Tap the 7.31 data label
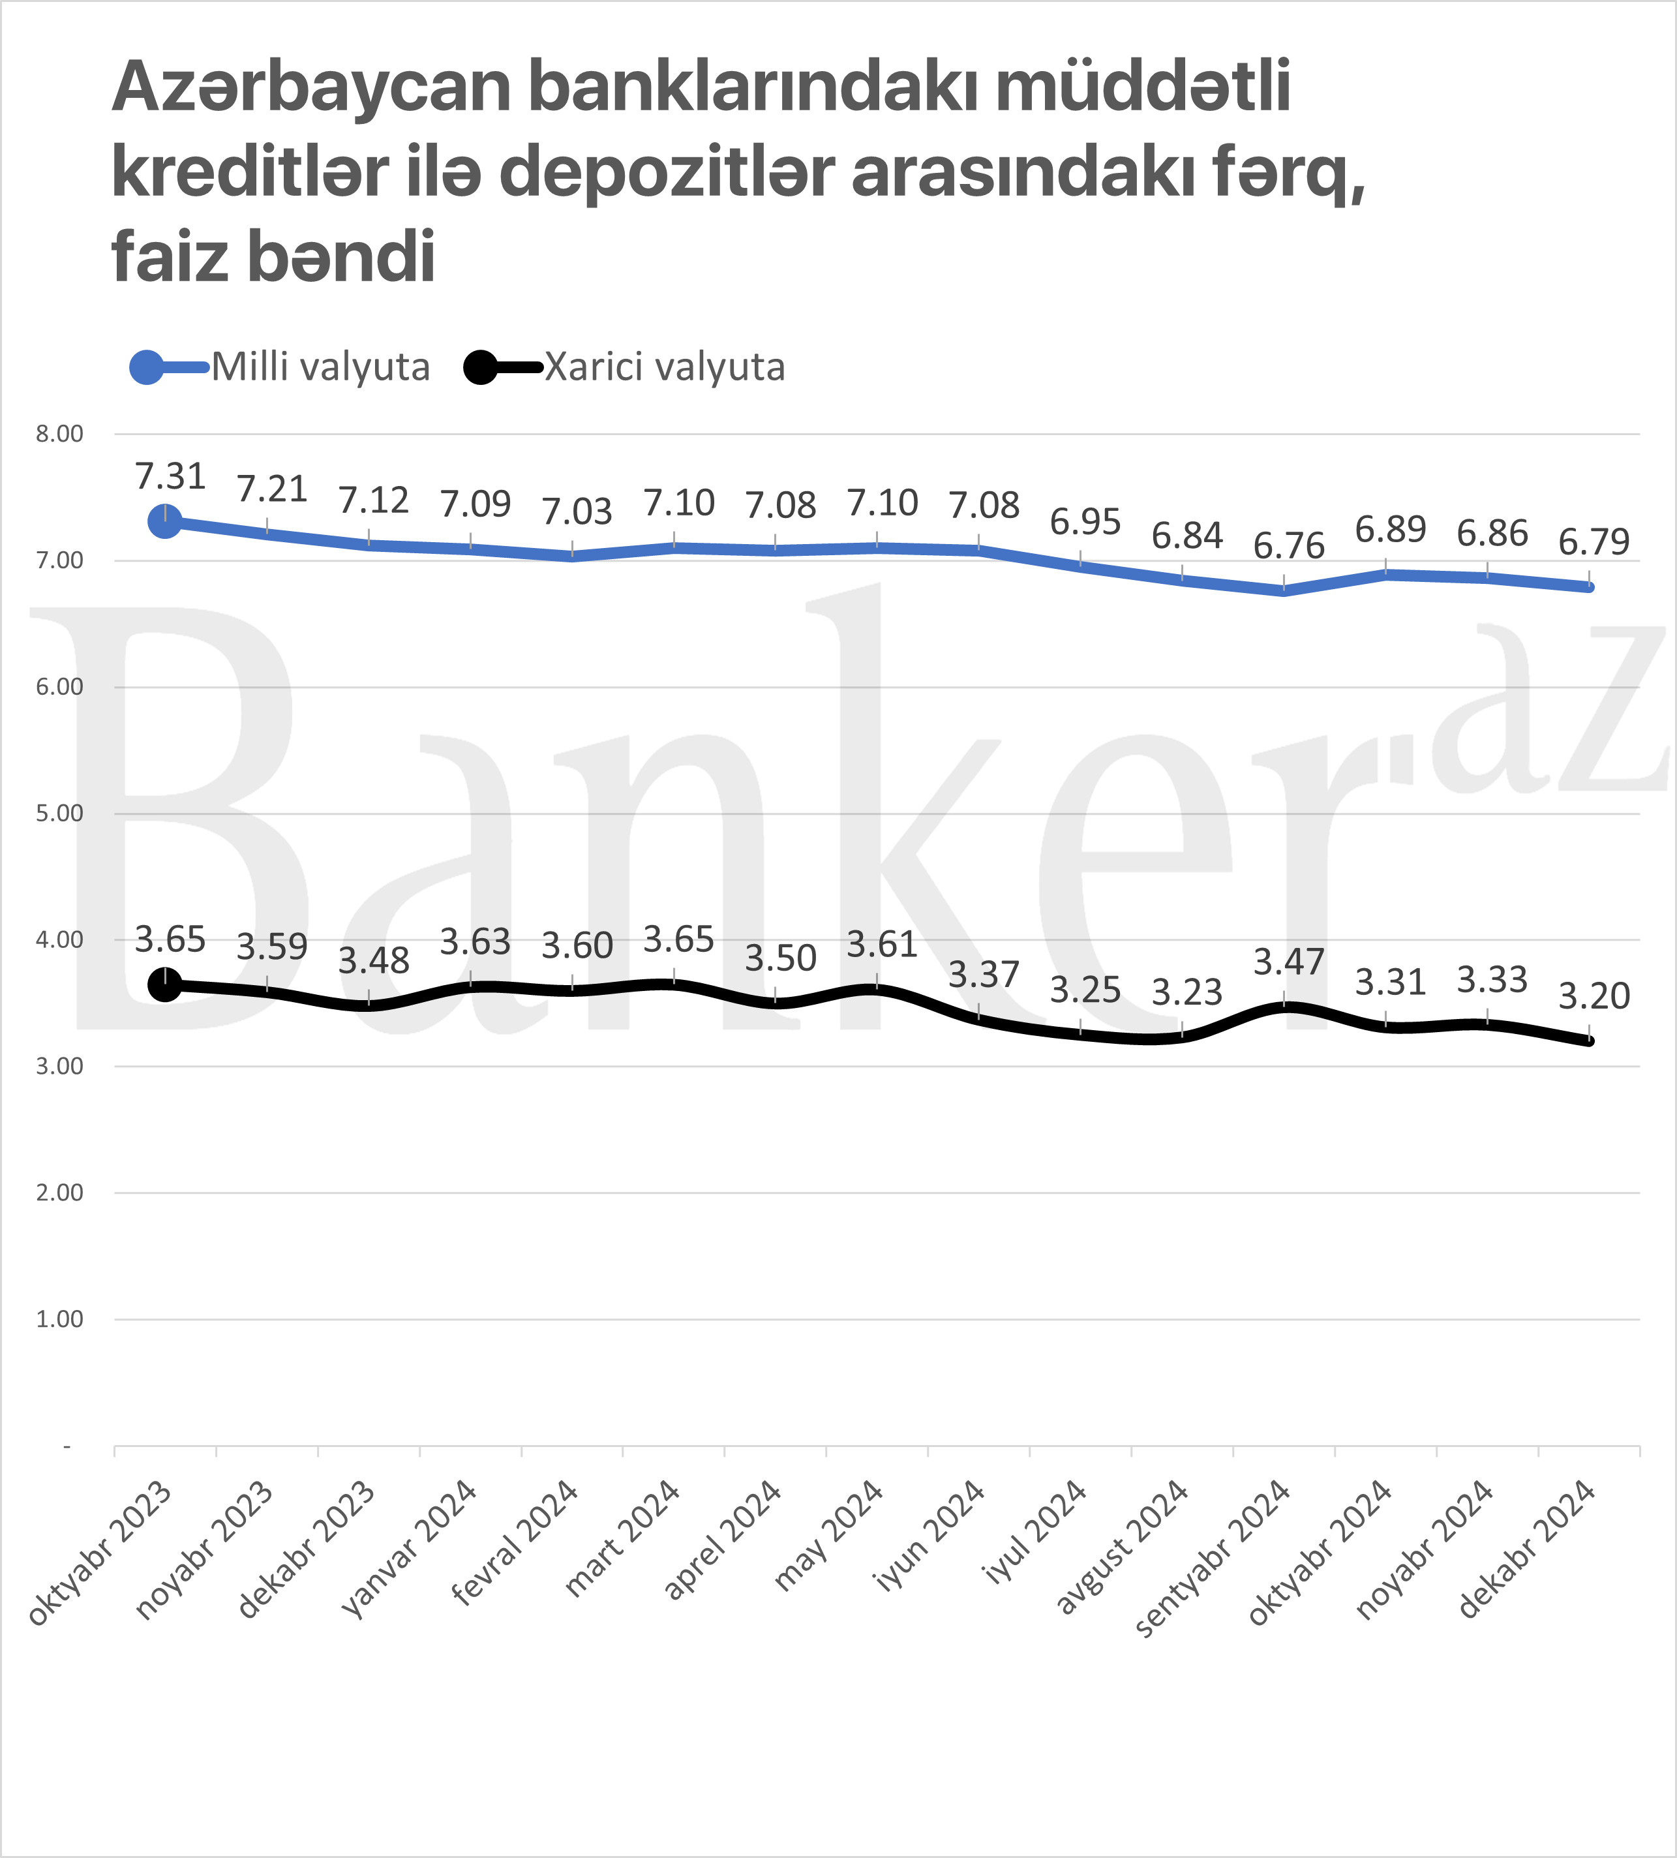pyautogui.click(x=170, y=476)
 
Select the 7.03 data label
pyautogui.click(x=577, y=511)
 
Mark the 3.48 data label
pyautogui.click(x=373, y=961)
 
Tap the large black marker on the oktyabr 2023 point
pyautogui.click(x=165, y=984)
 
